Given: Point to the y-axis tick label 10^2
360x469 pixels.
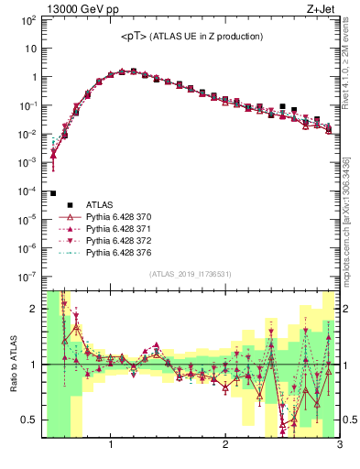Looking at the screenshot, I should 28,20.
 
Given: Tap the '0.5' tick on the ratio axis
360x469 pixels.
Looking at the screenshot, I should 29,420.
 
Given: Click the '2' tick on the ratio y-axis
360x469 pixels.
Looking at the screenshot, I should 34,309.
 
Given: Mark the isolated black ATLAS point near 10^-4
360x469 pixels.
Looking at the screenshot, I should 53,193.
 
